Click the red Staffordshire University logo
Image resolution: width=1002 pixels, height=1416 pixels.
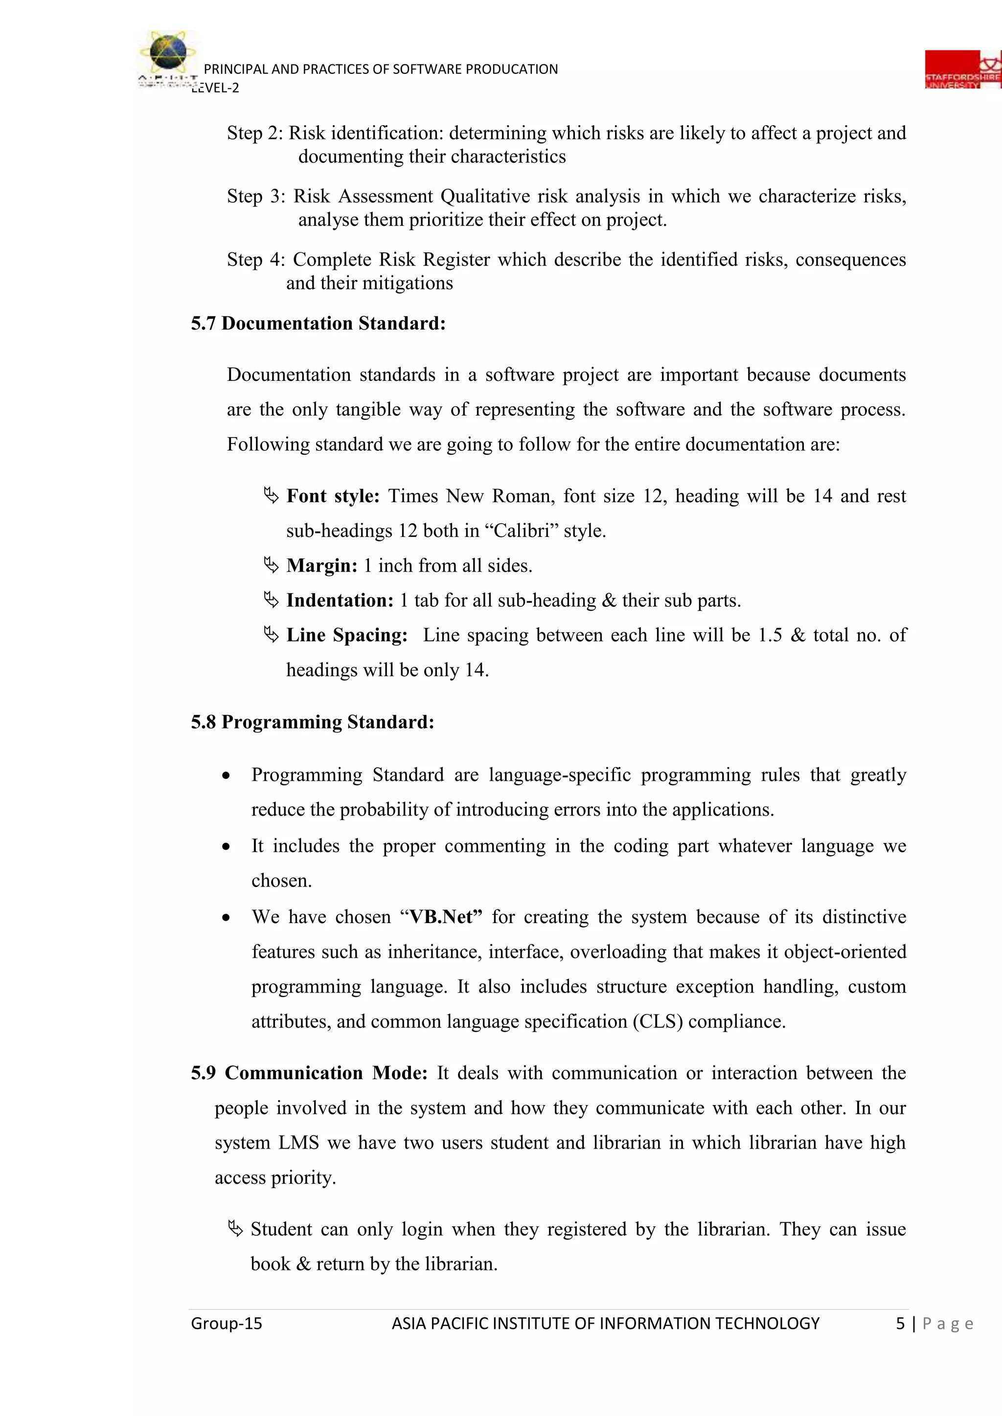coord(962,70)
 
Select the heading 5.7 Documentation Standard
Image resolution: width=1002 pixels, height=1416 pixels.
coord(318,324)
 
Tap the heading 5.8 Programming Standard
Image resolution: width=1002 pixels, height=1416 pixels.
coord(312,722)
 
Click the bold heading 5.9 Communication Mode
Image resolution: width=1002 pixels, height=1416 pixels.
coord(309,1073)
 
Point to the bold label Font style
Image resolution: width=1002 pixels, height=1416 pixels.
coord(333,496)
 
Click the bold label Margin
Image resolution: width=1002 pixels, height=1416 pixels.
coord(321,566)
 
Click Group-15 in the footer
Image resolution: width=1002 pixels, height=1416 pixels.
coord(227,1324)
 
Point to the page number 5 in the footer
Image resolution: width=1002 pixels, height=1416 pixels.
coord(900,1324)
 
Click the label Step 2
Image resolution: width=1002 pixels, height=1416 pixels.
coord(255,133)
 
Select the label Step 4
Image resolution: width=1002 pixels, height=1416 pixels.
coord(255,260)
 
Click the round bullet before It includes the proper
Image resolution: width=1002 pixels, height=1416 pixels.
coord(227,847)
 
